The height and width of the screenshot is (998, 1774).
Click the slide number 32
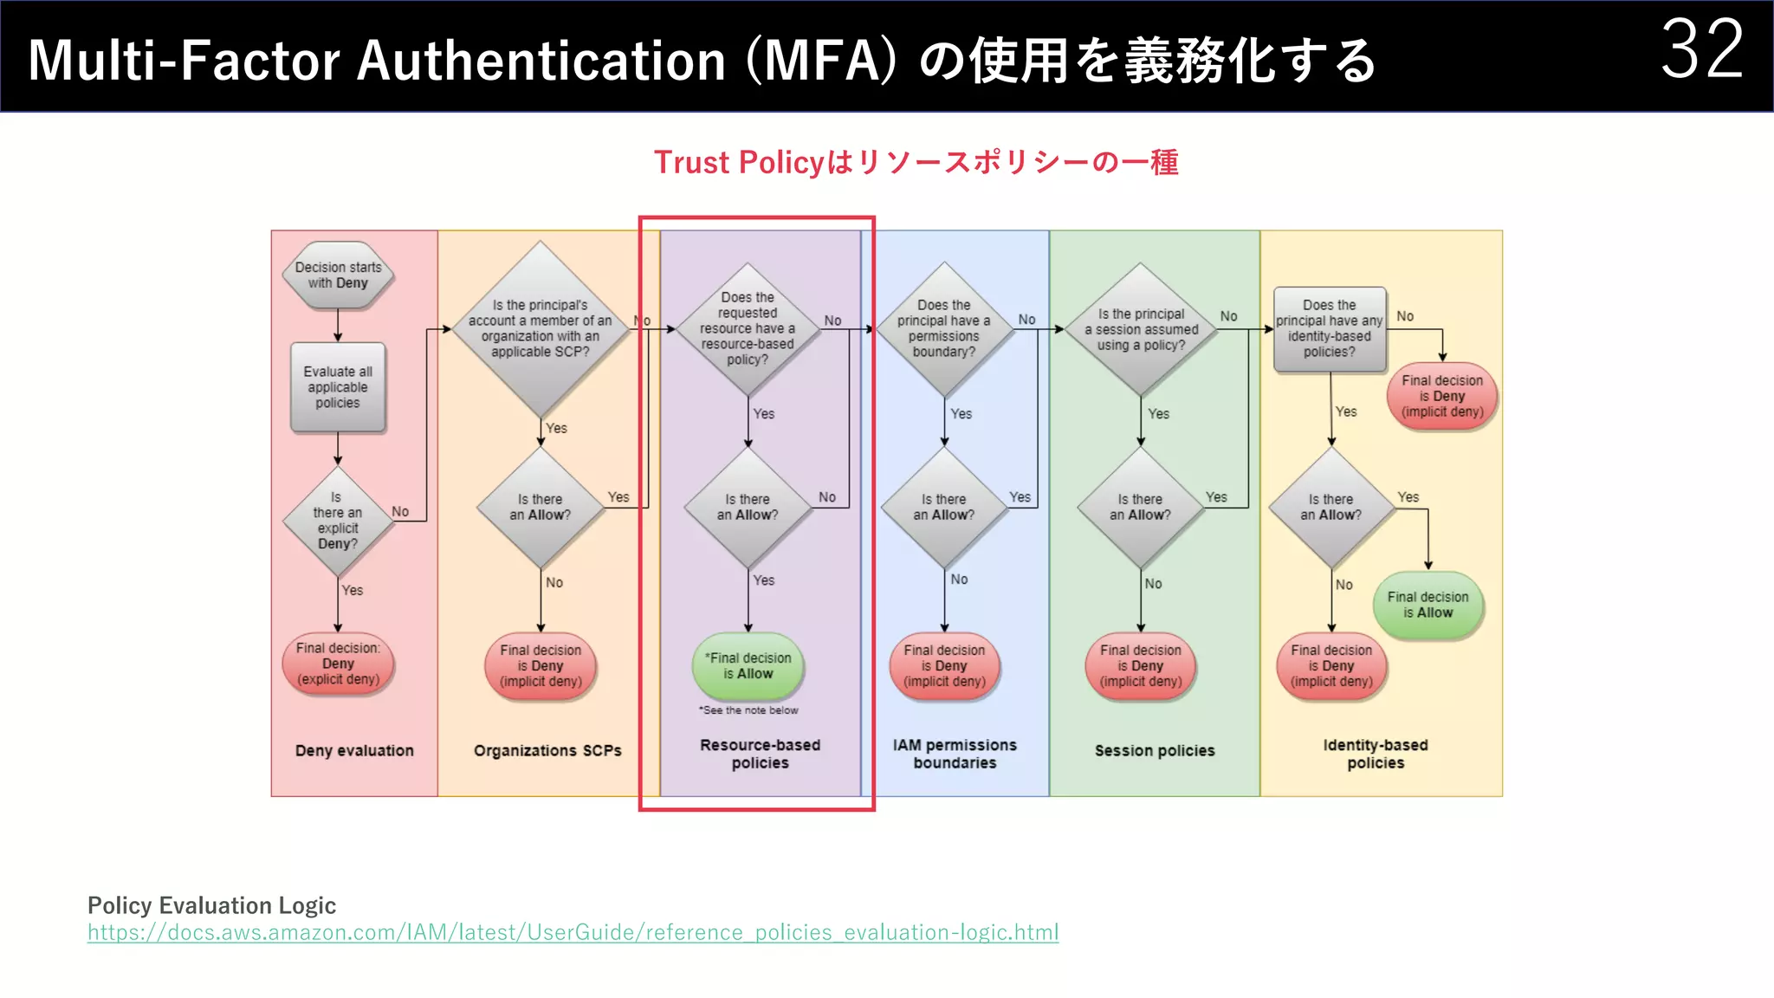pyautogui.click(x=1701, y=50)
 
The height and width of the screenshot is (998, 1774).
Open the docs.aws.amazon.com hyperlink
pyautogui.click(x=573, y=932)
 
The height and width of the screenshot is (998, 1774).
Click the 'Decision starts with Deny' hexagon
pyautogui.click(x=338, y=275)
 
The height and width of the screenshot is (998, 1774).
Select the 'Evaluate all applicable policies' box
pyautogui.click(x=338, y=387)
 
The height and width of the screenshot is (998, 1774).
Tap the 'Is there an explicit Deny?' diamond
pyautogui.click(x=338, y=521)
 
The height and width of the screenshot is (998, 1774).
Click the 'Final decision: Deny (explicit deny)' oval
pyautogui.click(x=338, y=664)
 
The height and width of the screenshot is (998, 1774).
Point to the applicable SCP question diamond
pyautogui.click(x=541, y=328)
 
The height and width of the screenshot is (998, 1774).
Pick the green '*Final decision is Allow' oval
pyautogui.click(x=748, y=665)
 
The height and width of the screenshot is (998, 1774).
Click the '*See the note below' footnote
pyautogui.click(x=748, y=710)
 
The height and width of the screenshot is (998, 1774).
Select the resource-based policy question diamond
pyautogui.click(x=748, y=328)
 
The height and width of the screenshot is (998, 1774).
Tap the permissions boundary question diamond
pyautogui.click(x=944, y=328)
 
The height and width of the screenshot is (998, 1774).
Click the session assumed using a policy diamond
pyautogui.click(x=1142, y=329)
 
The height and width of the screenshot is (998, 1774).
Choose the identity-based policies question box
pyautogui.click(x=1330, y=329)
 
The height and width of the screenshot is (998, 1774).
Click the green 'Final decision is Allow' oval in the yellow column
pyautogui.click(x=1428, y=605)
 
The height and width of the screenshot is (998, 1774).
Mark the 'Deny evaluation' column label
pyautogui.click(x=354, y=750)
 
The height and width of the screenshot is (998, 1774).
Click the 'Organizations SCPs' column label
pyautogui.click(x=547, y=750)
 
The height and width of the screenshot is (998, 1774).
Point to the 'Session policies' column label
pyautogui.click(x=1155, y=750)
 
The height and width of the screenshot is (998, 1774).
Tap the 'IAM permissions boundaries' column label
pyautogui.click(x=955, y=754)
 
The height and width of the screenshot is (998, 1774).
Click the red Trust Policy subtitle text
pyautogui.click(x=916, y=162)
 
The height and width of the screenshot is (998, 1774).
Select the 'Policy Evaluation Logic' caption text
pyautogui.click(x=211, y=905)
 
